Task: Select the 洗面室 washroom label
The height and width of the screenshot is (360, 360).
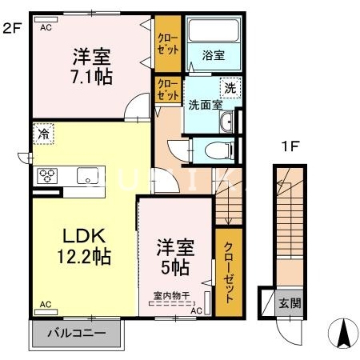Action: coord(204,103)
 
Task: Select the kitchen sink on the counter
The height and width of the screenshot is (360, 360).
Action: coord(86,176)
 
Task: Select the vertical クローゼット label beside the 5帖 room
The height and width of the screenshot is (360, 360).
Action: coord(229,272)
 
